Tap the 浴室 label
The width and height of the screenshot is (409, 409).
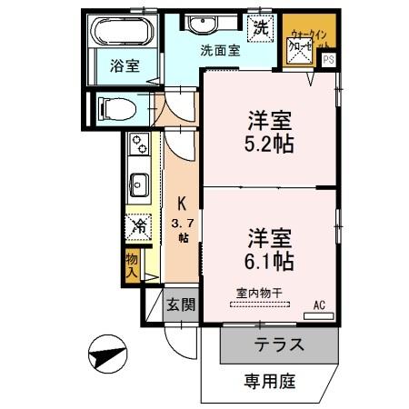tap(124, 65)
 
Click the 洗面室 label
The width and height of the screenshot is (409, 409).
tap(220, 51)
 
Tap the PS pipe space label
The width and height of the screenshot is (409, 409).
tap(327, 60)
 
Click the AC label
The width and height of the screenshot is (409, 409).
tap(319, 304)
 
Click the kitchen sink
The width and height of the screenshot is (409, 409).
tap(139, 185)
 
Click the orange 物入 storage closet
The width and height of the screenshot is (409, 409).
tap(132, 264)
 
